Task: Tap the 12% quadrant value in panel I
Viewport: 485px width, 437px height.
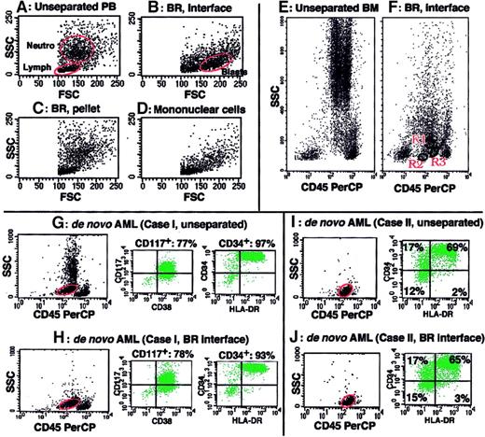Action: point(405,292)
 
